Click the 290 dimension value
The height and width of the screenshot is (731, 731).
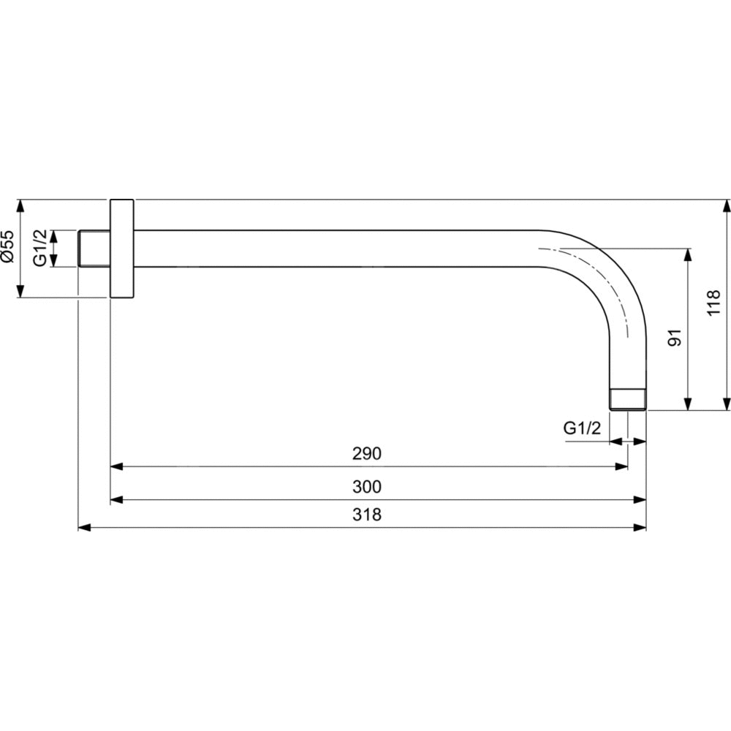click(x=367, y=453)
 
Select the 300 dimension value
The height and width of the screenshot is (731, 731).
click(x=367, y=487)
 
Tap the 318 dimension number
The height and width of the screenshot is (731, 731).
click(x=367, y=515)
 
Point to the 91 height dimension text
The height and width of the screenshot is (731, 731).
click(x=675, y=338)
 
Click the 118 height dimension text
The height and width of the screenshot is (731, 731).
click(x=713, y=303)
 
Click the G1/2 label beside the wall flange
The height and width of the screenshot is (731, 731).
click(x=40, y=248)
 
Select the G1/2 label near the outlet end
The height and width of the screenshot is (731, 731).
click(x=583, y=428)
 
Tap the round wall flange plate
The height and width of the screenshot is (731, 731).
click(x=122, y=249)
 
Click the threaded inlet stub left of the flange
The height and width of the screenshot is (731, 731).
click(x=94, y=249)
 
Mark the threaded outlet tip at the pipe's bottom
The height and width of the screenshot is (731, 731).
click(x=627, y=400)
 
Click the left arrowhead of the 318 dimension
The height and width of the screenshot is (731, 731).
click(x=84, y=527)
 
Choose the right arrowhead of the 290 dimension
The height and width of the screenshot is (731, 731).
click(x=622, y=466)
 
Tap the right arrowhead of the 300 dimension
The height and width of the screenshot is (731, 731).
click(x=640, y=500)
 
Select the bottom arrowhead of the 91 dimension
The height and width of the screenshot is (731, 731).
click(x=688, y=404)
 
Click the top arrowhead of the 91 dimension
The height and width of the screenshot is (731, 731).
click(x=688, y=254)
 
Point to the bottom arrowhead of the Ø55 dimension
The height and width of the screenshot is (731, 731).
click(x=20, y=292)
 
